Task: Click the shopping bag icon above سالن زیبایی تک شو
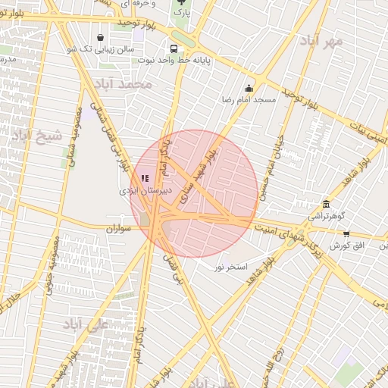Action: click(101, 37)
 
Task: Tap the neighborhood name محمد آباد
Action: click(125, 83)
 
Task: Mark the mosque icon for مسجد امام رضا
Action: click(249, 89)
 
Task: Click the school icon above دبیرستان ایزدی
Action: click(145, 178)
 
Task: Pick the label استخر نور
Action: click(231, 267)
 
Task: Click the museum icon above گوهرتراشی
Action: click(326, 204)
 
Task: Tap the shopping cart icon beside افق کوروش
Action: click(346, 234)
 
